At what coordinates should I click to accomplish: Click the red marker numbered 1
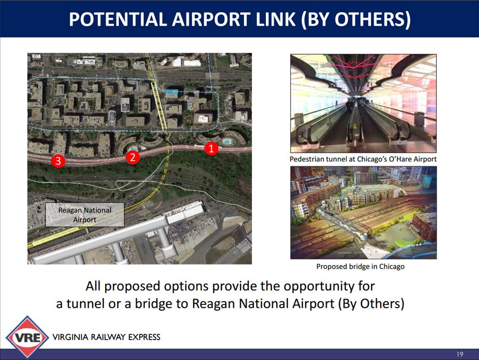click(211, 148)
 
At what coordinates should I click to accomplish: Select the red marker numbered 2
click(133, 157)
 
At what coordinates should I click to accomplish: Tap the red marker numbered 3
click(58, 161)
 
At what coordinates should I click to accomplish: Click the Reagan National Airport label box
click(85, 215)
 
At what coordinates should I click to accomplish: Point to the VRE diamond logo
click(27, 337)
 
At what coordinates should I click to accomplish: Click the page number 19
click(460, 354)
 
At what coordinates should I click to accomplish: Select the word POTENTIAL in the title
click(118, 19)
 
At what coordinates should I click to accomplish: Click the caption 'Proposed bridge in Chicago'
click(360, 266)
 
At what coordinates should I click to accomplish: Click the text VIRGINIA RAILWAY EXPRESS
click(106, 337)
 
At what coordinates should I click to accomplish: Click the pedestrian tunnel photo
click(364, 104)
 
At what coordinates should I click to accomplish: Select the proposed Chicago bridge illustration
click(364, 212)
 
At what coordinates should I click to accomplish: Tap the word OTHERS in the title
click(373, 19)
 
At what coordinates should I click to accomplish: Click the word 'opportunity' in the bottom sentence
click(317, 286)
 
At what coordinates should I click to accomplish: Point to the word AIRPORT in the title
click(211, 19)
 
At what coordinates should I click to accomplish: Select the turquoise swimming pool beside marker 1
click(227, 142)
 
